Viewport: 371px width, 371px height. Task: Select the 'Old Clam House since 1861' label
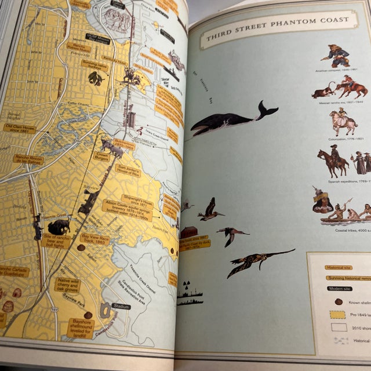19,128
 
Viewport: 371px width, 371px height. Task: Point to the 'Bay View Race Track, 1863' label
95,239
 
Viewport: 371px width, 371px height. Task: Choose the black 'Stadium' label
121,305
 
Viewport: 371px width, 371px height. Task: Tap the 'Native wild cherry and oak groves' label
67,285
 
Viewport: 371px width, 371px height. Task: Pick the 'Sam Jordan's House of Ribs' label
128,170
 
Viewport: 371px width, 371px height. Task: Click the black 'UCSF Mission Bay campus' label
98,39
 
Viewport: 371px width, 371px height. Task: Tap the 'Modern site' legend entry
340,288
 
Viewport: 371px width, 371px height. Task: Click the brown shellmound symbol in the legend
339,301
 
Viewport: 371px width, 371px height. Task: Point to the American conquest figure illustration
337,55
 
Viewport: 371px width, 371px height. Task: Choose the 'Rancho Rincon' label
28,159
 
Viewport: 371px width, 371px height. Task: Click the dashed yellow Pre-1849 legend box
337,315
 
